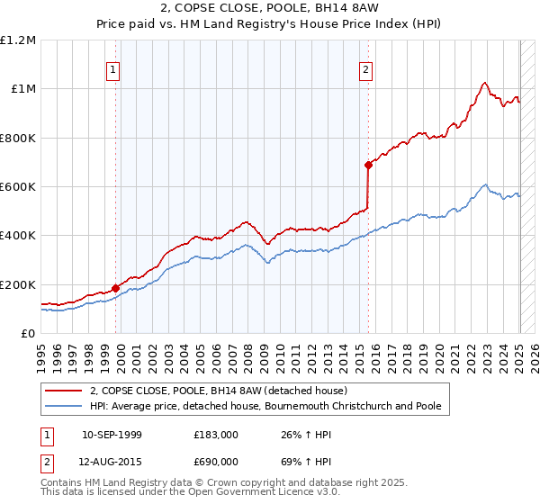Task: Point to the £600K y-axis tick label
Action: coord(18,187)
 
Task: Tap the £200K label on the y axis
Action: coord(18,284)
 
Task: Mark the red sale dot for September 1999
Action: coord(115,289)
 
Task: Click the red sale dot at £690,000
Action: coord(368,165)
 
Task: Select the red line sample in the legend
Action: coord(65,391)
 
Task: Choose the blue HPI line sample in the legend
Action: coord(65,406)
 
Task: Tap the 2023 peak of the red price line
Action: coord(484,84)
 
